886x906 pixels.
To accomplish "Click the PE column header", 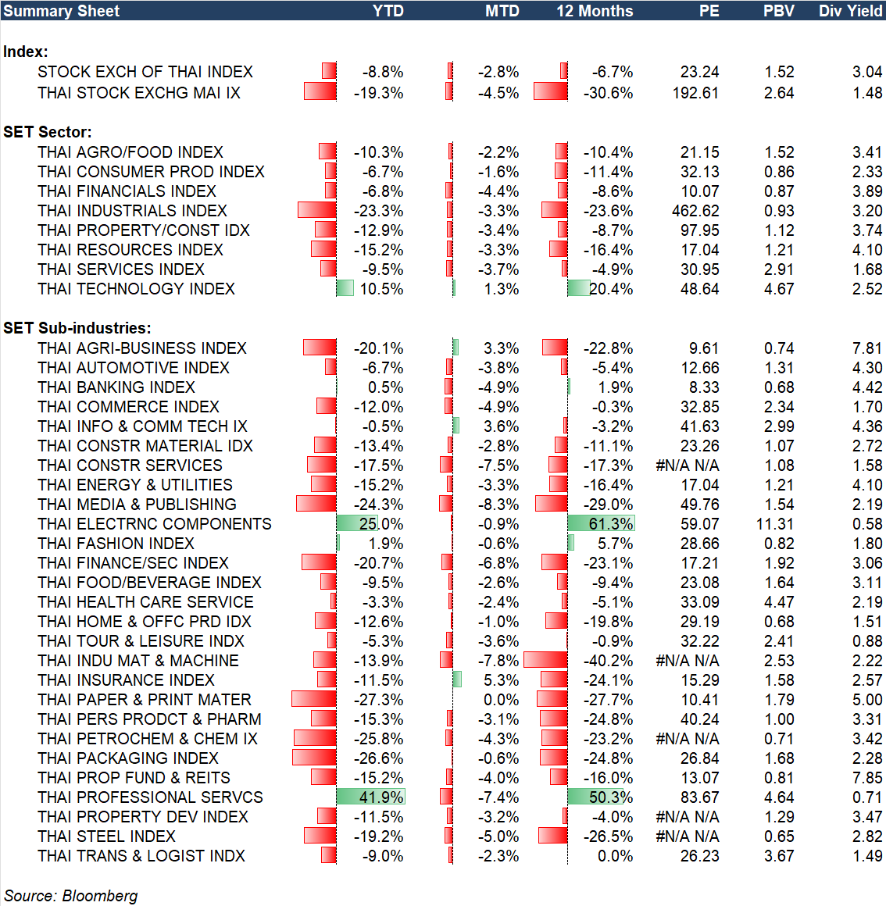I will coord(709,11).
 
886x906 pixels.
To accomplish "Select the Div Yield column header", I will coord(850,11).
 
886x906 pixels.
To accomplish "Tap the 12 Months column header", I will coord(595,11).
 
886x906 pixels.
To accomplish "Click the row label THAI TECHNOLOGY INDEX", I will coord(136,289).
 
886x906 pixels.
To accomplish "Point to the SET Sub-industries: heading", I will coord(77,328).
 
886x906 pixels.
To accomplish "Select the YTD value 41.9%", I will coord(381,797).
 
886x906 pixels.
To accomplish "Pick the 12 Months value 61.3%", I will coord(611,524).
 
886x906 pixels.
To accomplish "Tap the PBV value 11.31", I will coord(775,524).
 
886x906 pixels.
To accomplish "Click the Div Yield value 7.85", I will coord(867,778).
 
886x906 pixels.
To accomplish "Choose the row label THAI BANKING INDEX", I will coord(116,387).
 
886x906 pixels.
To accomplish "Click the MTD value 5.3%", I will coord(501,680).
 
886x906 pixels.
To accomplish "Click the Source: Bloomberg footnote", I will coord(71,896).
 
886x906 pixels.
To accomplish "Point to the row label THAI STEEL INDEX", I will coord(106,836).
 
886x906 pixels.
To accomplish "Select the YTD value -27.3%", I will coord(378,700).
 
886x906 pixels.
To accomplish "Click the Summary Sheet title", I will coord(62,11).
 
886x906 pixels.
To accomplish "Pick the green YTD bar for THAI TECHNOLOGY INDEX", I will coord(345,289).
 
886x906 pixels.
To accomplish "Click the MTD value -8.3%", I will coord(498,505).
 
